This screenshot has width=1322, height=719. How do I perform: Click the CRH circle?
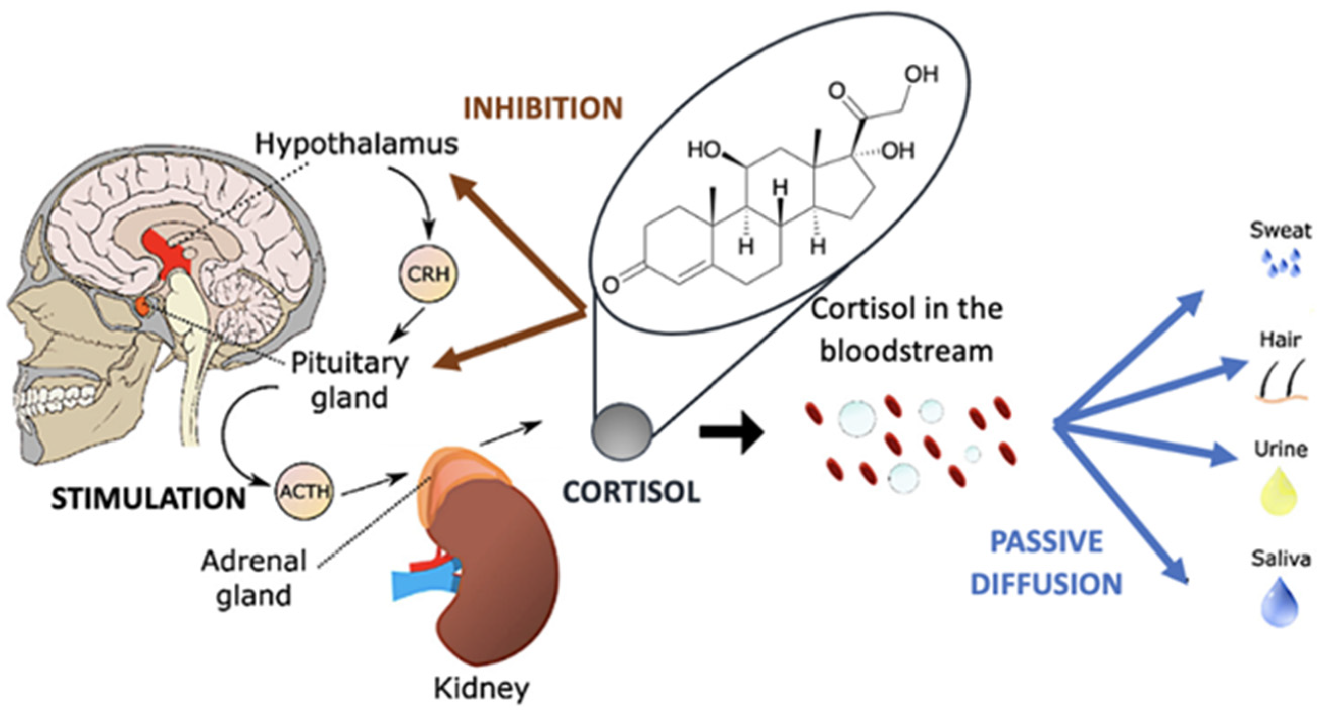click(429, 274)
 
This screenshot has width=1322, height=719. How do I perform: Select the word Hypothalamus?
click(357, 144)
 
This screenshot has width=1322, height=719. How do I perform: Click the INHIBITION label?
click(543, 108)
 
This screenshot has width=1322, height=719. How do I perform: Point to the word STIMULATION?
click(149, 499)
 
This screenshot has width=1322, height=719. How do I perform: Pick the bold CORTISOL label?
click(631, 492)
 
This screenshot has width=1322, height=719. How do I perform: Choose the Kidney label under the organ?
click(481, 689)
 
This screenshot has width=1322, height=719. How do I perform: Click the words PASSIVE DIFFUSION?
click(1047, 563)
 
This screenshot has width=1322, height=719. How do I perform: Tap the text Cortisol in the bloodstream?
click(906, 331)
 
